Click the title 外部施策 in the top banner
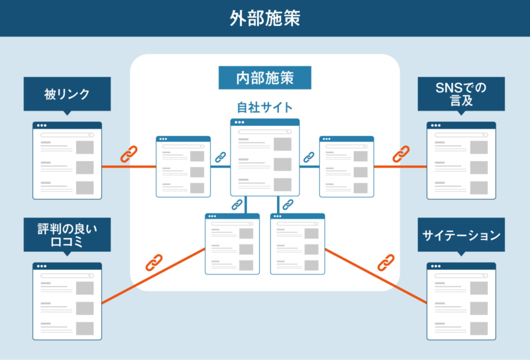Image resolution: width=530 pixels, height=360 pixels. (265, 18)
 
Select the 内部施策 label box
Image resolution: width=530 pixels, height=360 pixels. (265, 78)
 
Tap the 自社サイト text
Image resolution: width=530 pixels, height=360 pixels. (265, 107)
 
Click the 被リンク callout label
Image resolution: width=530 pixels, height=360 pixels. (66, 94)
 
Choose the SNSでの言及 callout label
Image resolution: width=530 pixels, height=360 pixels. (461, 94)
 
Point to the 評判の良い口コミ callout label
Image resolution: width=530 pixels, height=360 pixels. (66, 234)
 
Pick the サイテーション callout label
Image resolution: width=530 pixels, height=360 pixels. (461, 235)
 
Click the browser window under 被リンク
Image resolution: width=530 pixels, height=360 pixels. (67, 160)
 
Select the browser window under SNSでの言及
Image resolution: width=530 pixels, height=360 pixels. (461, 160)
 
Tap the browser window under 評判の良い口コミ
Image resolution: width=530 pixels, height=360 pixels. (67, 301)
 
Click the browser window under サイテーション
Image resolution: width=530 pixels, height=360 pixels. (461, 301)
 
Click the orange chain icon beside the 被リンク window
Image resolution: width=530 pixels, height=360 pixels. (128, 155)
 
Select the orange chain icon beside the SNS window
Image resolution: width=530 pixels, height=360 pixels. (400, 155)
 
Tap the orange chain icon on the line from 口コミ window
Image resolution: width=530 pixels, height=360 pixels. (154, 263)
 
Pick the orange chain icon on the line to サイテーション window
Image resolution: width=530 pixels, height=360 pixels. (386, 263)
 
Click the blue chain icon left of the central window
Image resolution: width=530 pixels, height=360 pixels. (221, 157)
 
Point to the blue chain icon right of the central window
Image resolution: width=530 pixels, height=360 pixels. (309, 157)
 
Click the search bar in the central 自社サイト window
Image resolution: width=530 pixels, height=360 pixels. (265, 132)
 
